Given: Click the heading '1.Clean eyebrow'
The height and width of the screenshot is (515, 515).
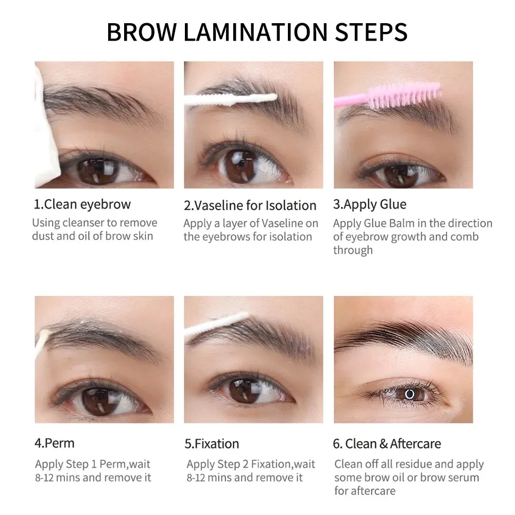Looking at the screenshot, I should pyautogui.click(x=82, y=204).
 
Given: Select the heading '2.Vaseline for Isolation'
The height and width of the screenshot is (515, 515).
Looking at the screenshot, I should pyautogui.click(x=250, y=205).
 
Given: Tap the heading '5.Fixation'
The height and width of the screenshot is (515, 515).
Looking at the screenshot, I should pyautogui.click(x=212, y=443).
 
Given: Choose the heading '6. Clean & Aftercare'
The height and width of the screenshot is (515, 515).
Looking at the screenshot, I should pyautogui.click(x=387, y=443).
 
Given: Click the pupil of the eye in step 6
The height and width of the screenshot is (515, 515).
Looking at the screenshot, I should pyautogui.click(x=410, y=394).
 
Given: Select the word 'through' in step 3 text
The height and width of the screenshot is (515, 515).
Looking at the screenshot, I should pyautogui.click(x=353, y=250).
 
